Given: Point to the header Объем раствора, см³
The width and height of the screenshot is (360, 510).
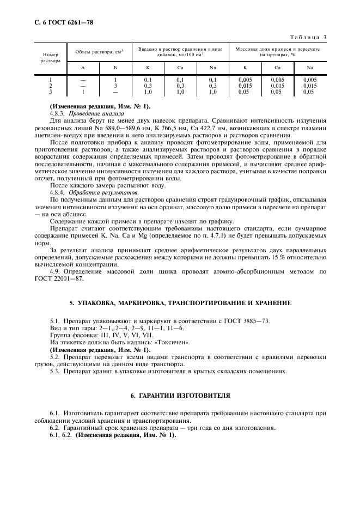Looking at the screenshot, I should (99, 52).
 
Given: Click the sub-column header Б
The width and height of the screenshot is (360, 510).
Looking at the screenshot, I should (115, 68).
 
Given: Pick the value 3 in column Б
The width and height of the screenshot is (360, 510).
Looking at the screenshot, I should (115, 86).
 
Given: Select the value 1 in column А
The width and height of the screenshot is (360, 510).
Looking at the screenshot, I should (83, 92).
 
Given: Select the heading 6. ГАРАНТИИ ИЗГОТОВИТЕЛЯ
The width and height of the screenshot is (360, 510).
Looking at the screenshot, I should (180, 394).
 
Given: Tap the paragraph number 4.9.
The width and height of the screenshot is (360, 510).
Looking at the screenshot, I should (54, 270).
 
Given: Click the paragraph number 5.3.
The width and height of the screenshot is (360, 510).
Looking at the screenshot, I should (54, 371).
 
